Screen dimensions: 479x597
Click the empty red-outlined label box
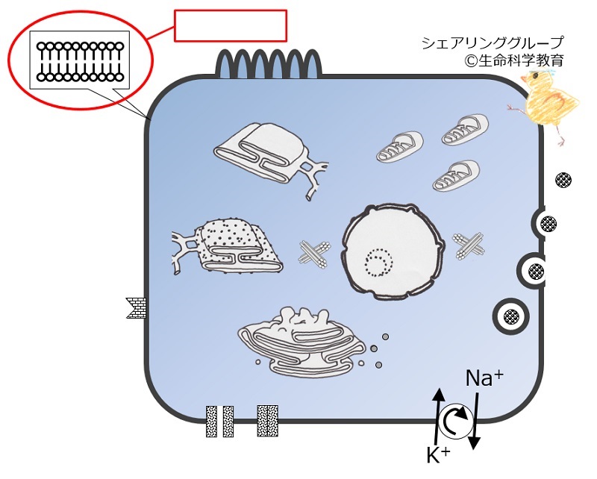coord(231,25)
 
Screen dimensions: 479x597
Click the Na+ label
coord(483,379)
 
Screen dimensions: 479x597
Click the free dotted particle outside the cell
coord(565,180)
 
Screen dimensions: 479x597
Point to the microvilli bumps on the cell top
coord(268,63)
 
